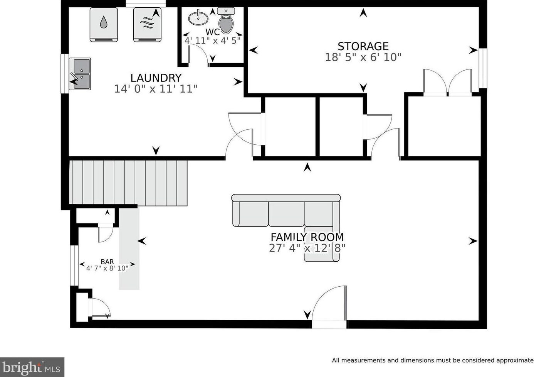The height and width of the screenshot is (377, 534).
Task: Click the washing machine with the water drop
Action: (104, 25)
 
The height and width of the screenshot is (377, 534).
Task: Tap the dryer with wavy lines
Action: (147, 25)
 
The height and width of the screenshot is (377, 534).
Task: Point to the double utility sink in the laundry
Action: (80, 74)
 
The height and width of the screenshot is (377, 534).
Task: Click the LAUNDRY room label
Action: (156, 78)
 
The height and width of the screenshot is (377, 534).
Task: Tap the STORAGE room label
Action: (363, 46)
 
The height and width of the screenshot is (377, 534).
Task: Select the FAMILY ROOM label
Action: (307, 237)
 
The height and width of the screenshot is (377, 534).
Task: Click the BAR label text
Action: (107, 262)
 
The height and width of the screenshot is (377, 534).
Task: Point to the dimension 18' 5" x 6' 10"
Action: (363, 57)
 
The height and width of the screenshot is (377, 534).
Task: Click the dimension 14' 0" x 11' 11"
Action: (156, 89)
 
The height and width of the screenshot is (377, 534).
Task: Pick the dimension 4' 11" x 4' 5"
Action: (212, 41)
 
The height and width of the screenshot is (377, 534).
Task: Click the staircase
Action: (128, 183)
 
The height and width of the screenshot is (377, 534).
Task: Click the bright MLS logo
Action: (32, 367)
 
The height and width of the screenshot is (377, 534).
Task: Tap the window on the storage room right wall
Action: (483, 68)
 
